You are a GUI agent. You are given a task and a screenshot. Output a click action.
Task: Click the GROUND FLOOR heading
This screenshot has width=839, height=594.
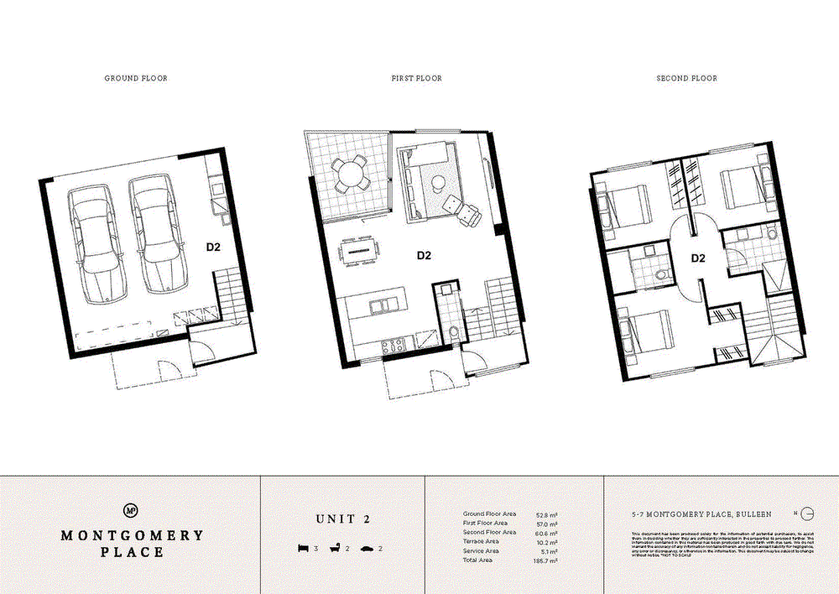pyautogui.click(x=136, y=78)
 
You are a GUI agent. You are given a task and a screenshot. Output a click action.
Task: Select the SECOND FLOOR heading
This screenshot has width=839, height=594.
pyautogui.click(x=686, y=78)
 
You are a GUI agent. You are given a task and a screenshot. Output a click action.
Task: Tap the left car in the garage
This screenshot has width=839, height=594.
pyautogui.click(x=94, y=240)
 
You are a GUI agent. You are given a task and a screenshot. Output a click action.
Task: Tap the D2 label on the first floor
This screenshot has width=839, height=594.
pyautogui.click(x=424, y=257)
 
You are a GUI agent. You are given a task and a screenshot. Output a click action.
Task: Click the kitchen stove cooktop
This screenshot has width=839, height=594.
pyautogui.click(x=393, y=344)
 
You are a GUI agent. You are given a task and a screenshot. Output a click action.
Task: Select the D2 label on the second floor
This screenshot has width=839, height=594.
pyautogui.click(x=697, y=258)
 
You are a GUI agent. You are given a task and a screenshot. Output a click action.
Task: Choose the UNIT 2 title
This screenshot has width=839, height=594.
pyautogui.click(x=343, y=519)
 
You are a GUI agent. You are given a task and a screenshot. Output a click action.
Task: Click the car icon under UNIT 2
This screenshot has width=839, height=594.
pyautogui.click(x=367, y=549)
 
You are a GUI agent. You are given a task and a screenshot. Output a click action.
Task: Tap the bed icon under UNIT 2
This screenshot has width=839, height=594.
pyautogui.click(x=304, y=549)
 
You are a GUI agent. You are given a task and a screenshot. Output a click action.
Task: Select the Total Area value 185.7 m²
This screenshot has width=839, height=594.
pyautogui.click(x=546, y=560)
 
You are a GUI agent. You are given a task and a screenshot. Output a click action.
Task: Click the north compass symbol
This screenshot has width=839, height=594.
pyautogui.click(x=807, y=513)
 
